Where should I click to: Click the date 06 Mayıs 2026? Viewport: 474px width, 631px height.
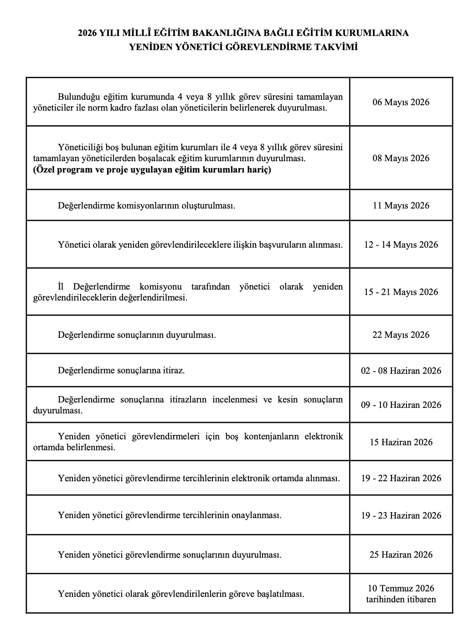401,102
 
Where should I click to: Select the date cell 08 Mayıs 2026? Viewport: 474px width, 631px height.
401,158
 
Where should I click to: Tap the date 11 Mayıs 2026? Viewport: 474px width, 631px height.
401,205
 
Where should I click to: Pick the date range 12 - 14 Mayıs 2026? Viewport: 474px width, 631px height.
401,244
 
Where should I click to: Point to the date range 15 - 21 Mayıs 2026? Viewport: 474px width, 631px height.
401,292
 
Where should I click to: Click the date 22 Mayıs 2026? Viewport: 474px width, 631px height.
401,335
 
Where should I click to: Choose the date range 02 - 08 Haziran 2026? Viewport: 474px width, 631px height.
401,371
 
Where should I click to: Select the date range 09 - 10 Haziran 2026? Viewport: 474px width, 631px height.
401,405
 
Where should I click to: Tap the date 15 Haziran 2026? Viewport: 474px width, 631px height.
401,442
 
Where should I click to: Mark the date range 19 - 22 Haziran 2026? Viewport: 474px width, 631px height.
401,478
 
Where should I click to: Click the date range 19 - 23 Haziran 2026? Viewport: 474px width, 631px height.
401,515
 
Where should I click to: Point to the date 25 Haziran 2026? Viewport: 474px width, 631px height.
401,555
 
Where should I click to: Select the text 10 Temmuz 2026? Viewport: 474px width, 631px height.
401,589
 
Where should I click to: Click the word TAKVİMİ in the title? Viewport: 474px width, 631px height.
336,47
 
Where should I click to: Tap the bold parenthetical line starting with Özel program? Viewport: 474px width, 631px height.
152,170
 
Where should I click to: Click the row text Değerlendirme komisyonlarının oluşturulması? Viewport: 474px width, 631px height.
146,205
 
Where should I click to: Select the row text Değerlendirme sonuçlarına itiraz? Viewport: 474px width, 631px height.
121,370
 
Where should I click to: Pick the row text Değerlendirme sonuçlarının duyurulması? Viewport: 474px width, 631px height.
137,335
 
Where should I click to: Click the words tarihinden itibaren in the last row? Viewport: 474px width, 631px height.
401,599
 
